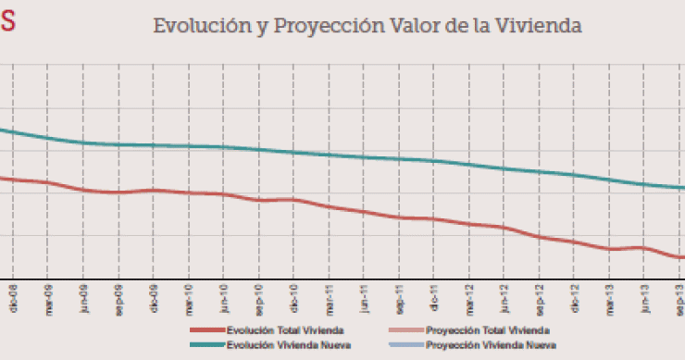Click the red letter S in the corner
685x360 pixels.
point(6,22)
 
